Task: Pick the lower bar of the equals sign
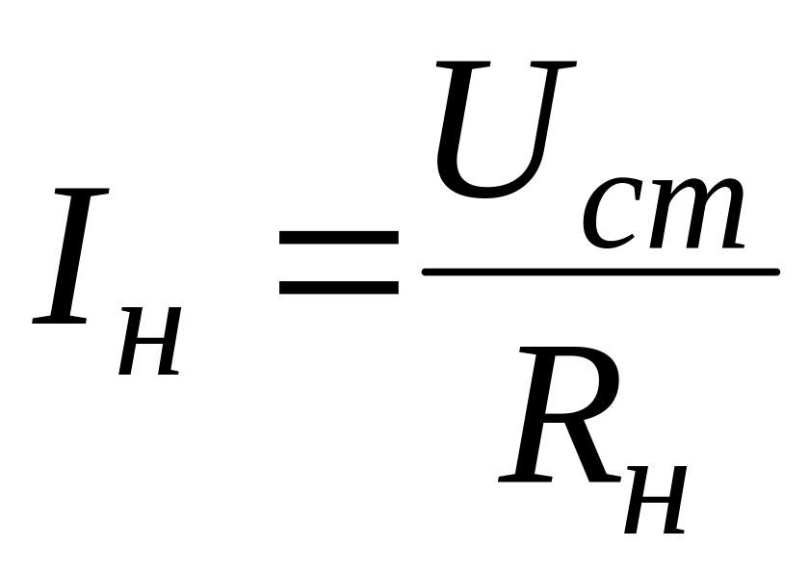338,286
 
